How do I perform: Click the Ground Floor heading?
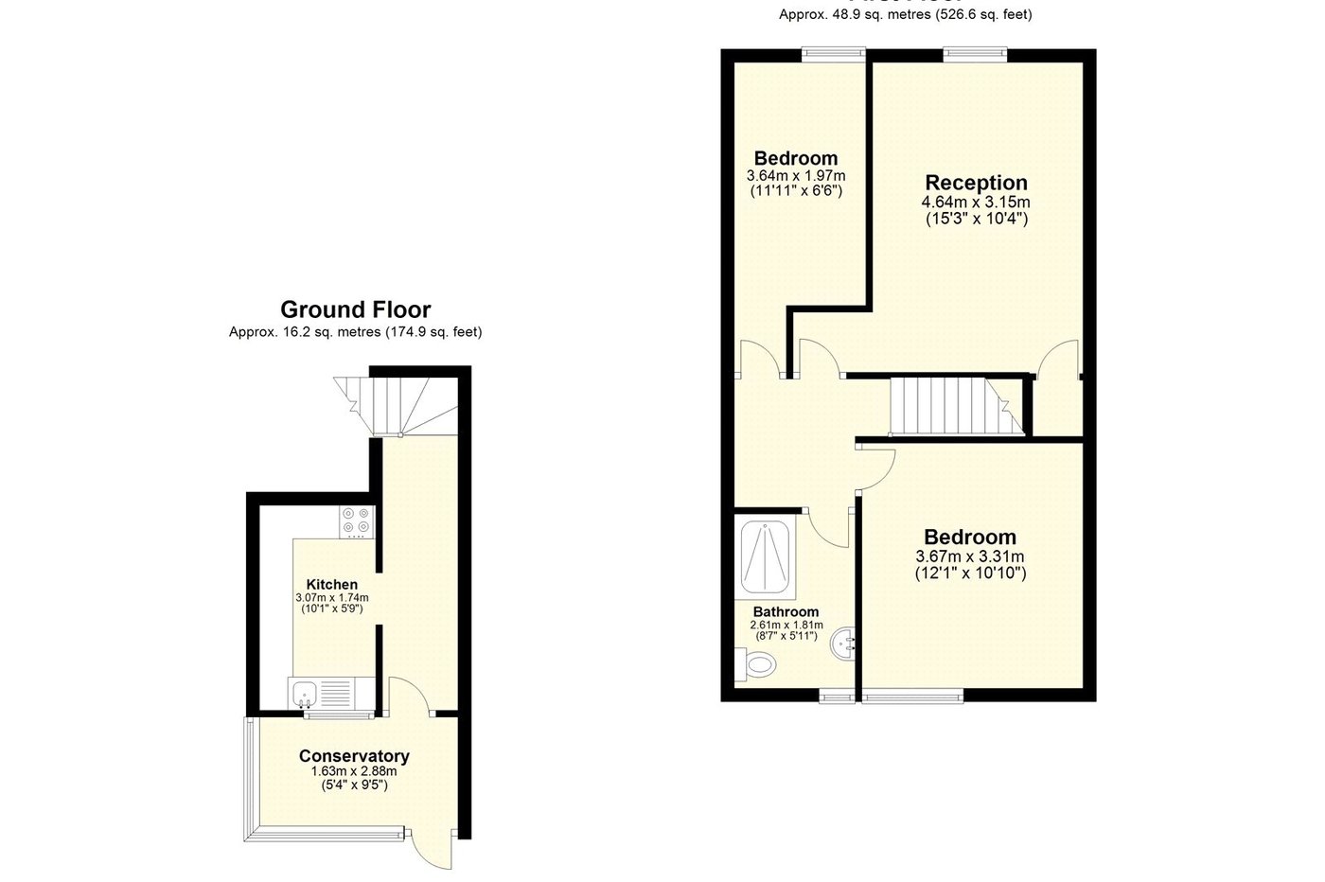(x=355, y=309)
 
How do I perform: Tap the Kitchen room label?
(x=331, y=585)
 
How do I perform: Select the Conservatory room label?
(x=354, y=756)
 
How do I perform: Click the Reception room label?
(x=976, y=183)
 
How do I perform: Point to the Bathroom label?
(x=786, y=612)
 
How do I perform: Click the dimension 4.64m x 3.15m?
(x=976, y=203)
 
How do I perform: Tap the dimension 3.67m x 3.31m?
(x=970, y=556)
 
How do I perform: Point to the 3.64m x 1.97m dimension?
(x=795, y=176)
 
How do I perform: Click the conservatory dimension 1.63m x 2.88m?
(x=354, y=772)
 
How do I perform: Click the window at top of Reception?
(x=974, y=55)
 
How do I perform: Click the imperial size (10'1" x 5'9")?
(x=331, y=609)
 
